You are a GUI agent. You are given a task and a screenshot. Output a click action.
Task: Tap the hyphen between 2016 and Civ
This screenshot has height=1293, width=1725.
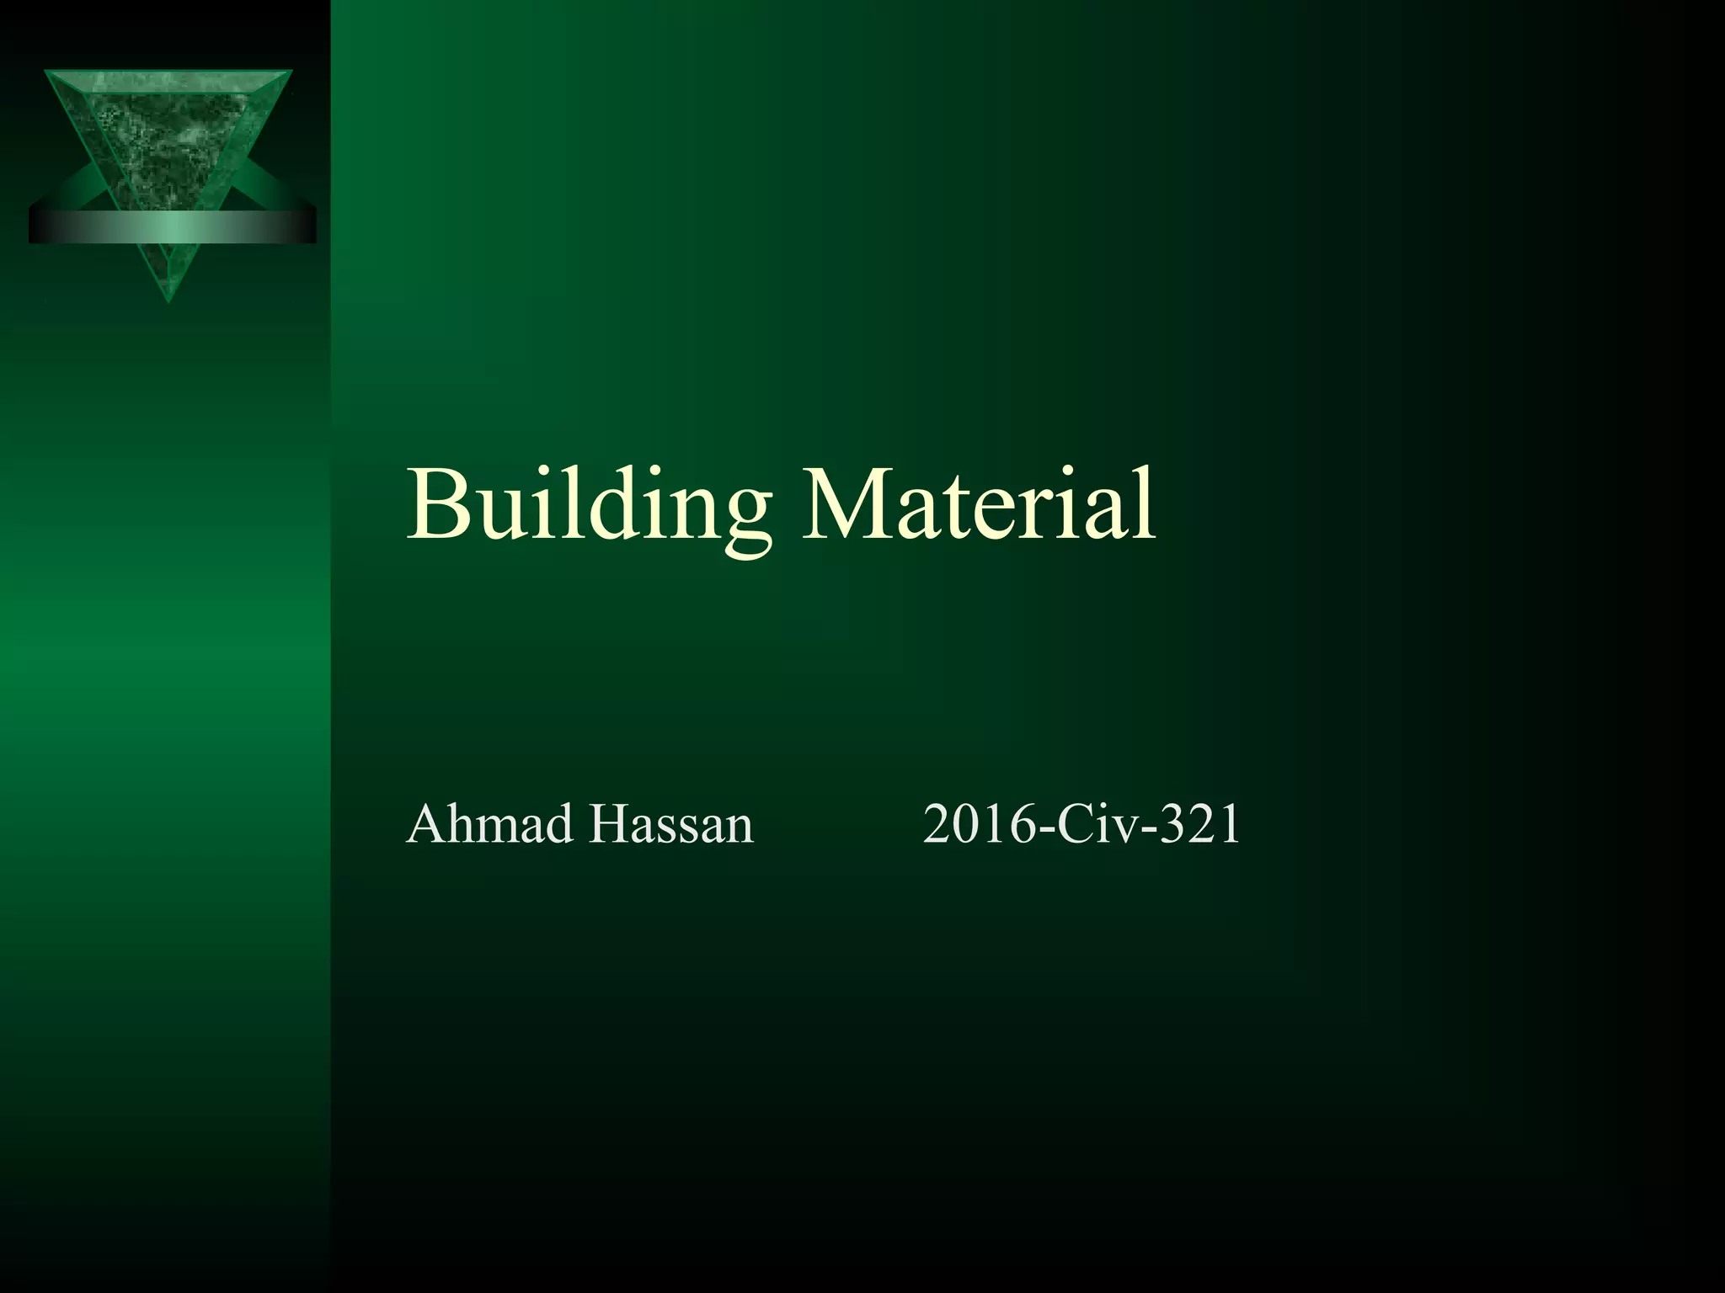(1047, 830)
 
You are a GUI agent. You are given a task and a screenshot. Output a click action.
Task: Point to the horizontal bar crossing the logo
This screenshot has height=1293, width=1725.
(172, 226)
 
